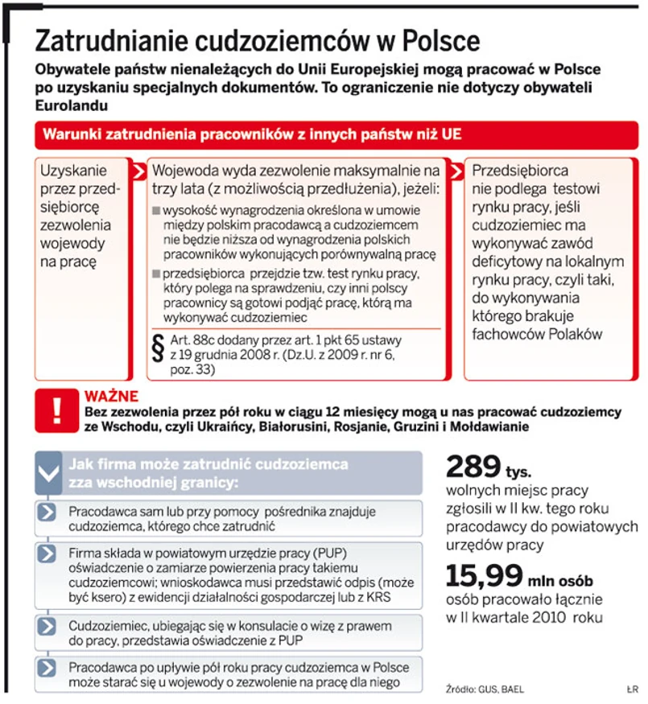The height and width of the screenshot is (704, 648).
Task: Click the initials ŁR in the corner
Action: click(x=631, y=689)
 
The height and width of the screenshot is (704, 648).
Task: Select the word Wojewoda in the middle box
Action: click(x=184, y=171)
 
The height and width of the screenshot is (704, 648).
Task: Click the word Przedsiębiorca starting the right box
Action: click(x=520, y=171)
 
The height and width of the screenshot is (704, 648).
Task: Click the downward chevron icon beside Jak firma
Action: click(x=49, y=474)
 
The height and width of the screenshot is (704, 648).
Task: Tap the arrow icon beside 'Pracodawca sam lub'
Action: click(x=48, y=513)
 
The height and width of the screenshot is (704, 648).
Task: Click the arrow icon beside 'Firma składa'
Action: click(x=48, y=554)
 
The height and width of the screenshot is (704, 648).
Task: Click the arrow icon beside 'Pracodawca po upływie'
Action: click(x=48, y=669)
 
